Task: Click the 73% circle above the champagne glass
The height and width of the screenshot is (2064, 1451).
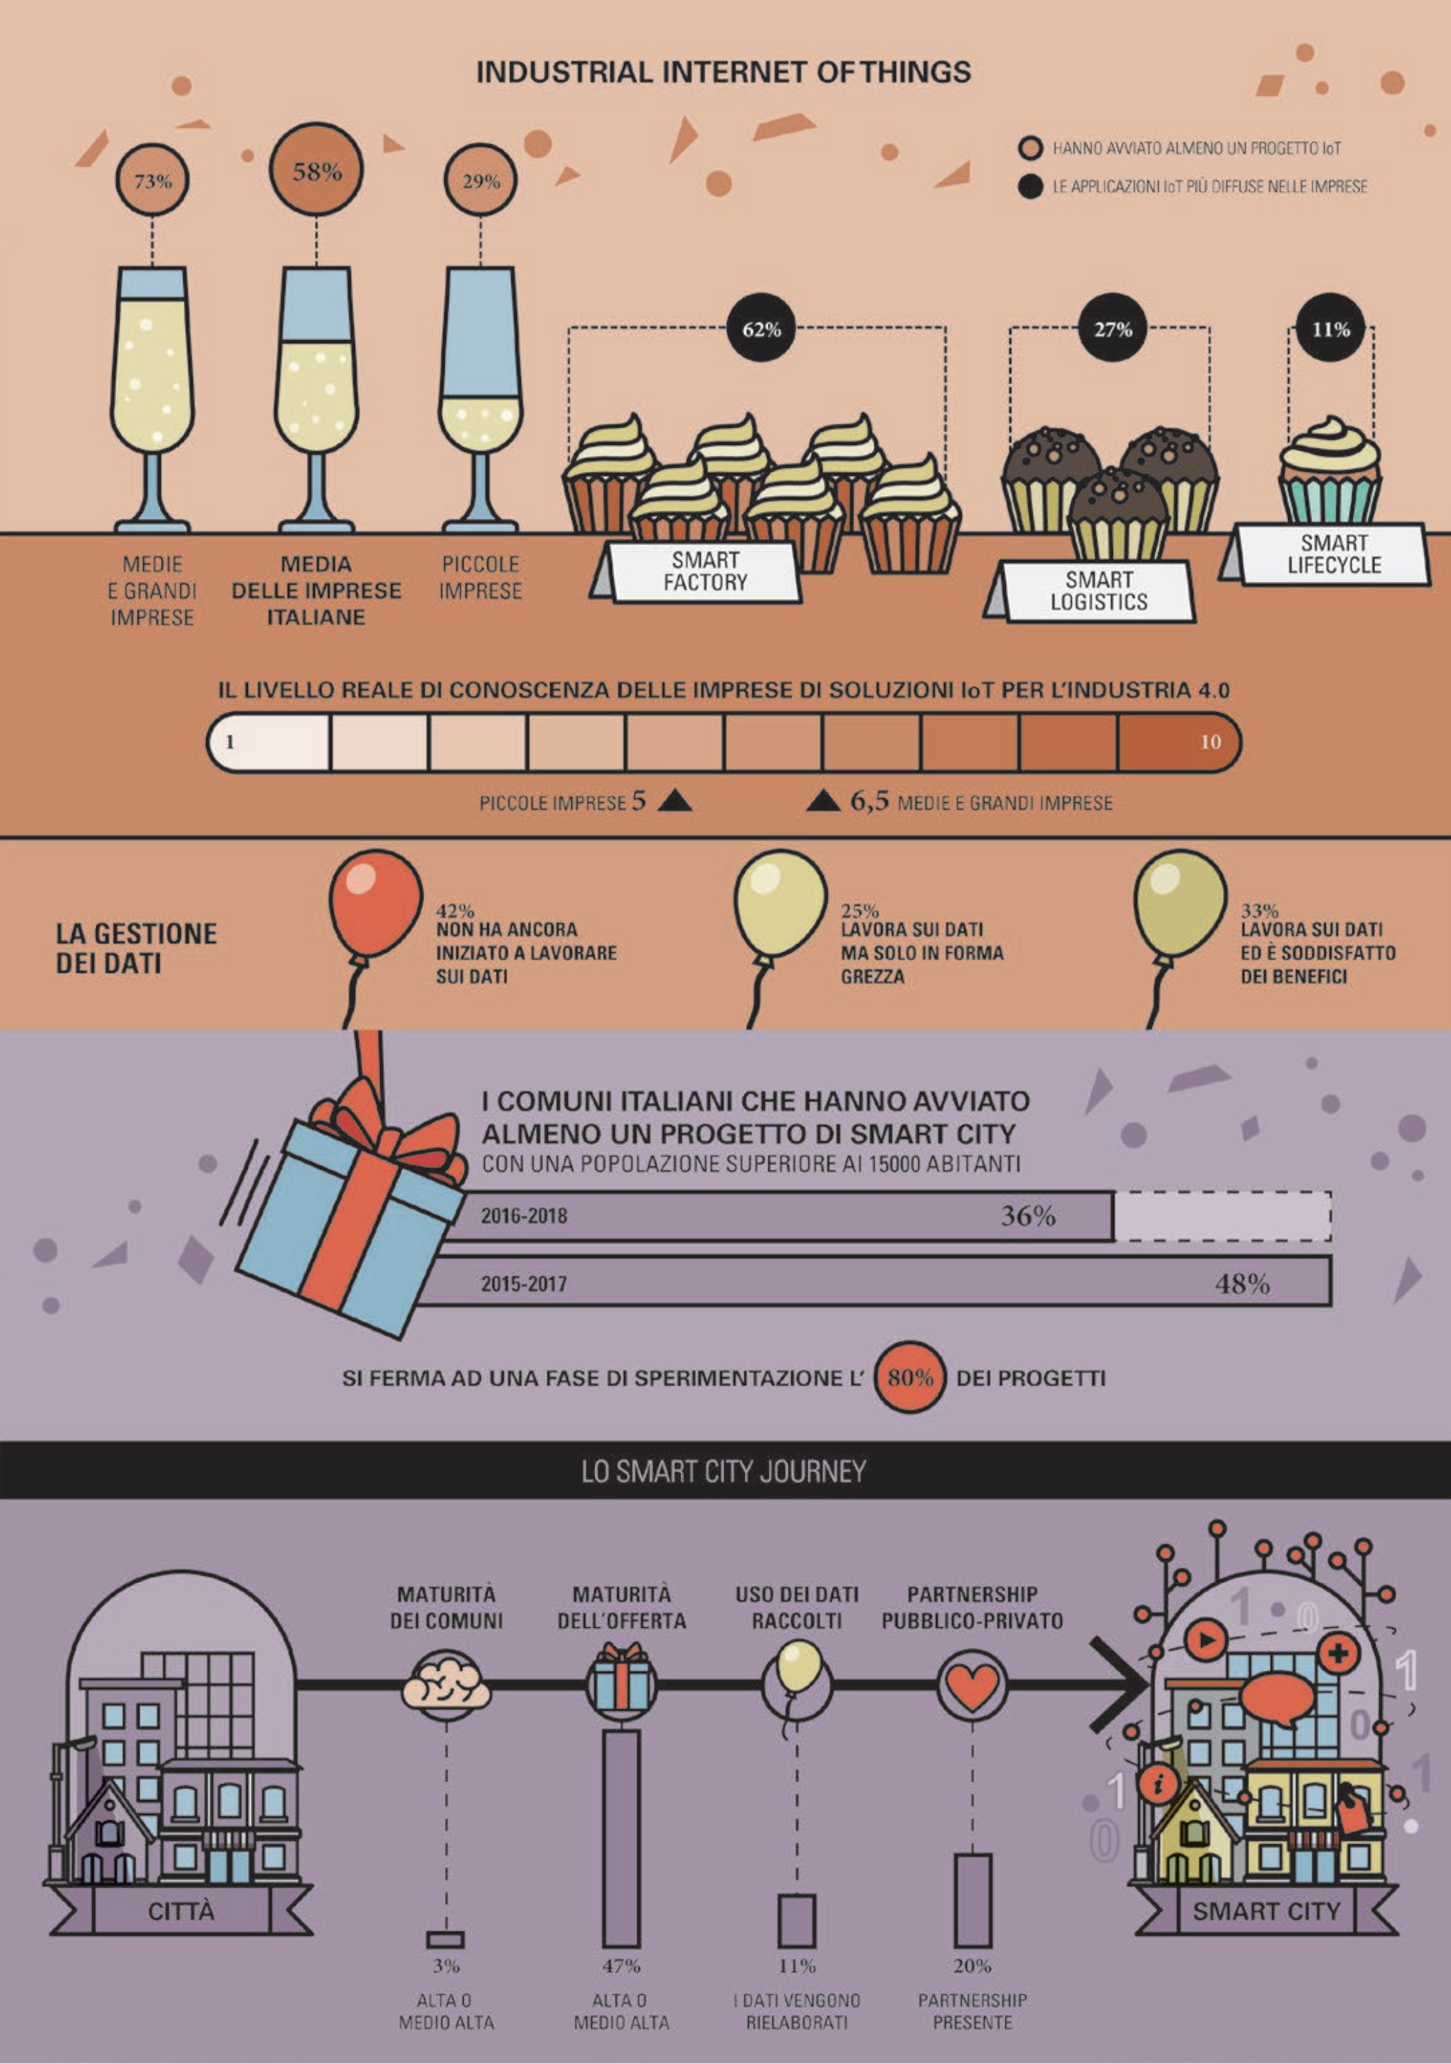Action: click(152, 180)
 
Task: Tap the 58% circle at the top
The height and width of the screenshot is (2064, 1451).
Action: click(316, 170)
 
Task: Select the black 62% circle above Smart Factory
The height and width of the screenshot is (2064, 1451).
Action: click(761, 329)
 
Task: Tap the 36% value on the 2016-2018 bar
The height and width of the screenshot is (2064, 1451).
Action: click(1027, 1216)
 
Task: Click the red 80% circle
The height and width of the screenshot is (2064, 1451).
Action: click(910, 1377)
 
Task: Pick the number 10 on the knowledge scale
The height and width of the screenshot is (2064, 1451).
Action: click(1211, 741)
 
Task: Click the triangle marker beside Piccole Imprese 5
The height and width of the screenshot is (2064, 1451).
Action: click(674, 800)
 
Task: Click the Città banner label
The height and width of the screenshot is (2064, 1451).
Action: click(181, 1911)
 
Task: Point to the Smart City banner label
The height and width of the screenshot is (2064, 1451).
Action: click(1266, 1911)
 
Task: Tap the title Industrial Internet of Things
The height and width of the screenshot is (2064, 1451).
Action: click(723, 72)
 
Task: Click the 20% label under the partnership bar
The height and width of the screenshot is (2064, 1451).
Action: click(973, 1966)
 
